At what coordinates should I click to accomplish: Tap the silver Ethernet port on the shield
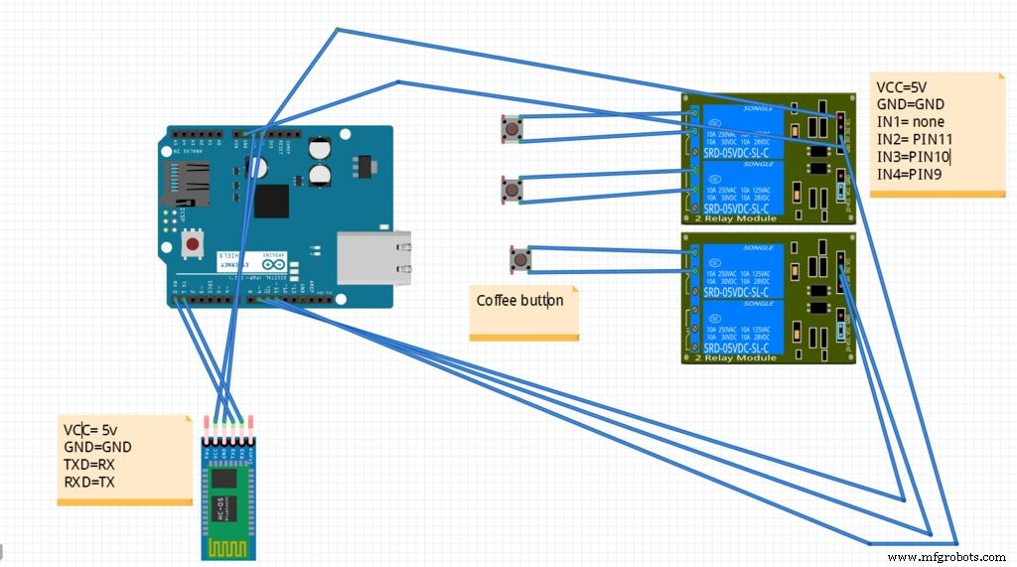(374, 258)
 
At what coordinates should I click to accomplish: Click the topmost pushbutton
(510, 129)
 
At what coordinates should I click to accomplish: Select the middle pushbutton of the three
(510, 189)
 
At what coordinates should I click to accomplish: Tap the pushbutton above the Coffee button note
(519, 260)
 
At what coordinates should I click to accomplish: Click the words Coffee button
(519, 300)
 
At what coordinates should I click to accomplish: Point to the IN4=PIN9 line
(910, 175)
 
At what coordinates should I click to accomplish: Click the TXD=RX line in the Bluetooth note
(91, 465)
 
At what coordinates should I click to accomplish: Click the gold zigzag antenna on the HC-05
(228, 545)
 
